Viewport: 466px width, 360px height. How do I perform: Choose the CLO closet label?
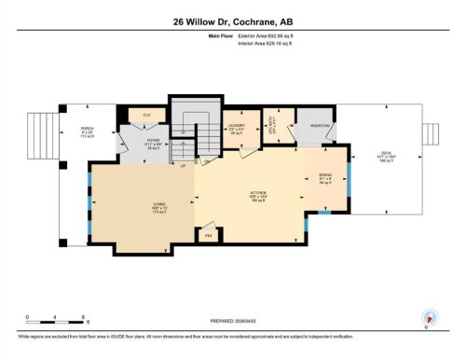[x=146, y=115]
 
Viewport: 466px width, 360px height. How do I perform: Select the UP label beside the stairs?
[x=183, y=165]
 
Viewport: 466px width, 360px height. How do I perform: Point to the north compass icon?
[x=430, y=317]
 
